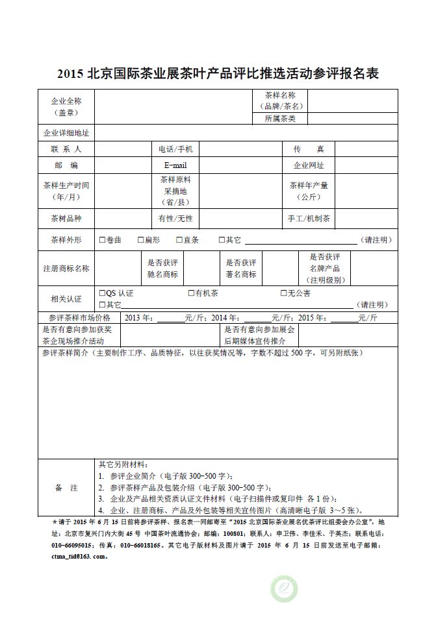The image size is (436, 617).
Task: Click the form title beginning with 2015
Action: point(218,73)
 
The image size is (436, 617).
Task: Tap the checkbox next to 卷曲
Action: point(102,240)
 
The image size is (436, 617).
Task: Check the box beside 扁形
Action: point(140,240)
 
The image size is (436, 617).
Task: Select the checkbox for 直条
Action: point(179,240)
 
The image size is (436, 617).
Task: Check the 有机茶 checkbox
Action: point(191,293)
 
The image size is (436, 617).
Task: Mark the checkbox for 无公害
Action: point(283,293)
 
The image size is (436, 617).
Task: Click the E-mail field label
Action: point(175,165)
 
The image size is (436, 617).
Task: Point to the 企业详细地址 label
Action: point(66,133)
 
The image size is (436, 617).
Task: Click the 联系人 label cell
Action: point(66,149)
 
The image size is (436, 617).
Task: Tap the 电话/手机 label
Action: point(175,149)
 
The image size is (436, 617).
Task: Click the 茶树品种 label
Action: point(66,218)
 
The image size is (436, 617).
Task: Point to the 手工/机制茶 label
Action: point(309,218)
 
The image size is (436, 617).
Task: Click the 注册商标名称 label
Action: point(66,268)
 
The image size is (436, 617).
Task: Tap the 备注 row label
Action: point(66,487)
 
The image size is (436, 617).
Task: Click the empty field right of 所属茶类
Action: point(352,119)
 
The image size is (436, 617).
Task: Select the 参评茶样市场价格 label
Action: point(75,318)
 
